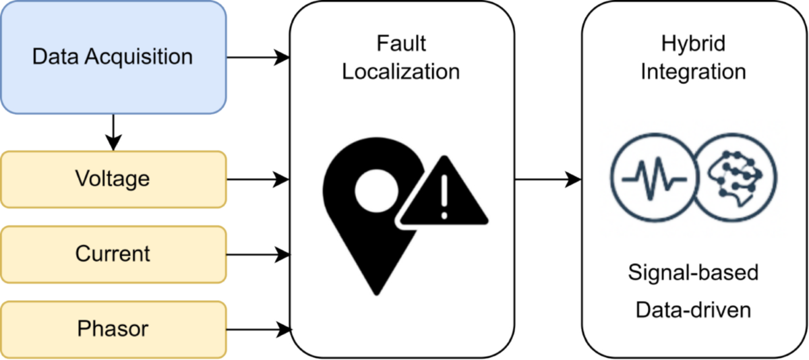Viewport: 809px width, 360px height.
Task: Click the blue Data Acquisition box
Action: point(113,57)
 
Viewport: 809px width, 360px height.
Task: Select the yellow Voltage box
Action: point(113,179)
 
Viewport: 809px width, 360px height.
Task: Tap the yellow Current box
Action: point(113,254)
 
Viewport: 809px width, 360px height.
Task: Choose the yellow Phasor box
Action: point(113,329)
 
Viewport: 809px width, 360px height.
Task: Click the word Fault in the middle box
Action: point(401,44)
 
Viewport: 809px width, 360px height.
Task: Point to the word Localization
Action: point(401,71)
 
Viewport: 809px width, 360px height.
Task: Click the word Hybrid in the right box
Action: point(693,44)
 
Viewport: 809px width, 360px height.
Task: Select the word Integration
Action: point(693,71)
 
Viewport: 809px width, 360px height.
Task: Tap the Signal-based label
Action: point(693,273)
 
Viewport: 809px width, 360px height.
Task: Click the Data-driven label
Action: point(693,310)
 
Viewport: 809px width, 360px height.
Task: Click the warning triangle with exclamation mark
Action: point(443,193)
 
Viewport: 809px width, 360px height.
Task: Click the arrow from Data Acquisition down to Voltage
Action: point(114,132)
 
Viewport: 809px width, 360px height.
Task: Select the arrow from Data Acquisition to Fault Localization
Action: point(258,57)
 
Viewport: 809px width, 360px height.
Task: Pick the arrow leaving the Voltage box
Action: point(258,179)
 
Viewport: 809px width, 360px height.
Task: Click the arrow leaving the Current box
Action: point(258,254)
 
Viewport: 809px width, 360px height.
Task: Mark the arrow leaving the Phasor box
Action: point(258,329)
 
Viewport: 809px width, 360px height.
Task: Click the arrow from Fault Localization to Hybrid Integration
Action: point(547,179)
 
